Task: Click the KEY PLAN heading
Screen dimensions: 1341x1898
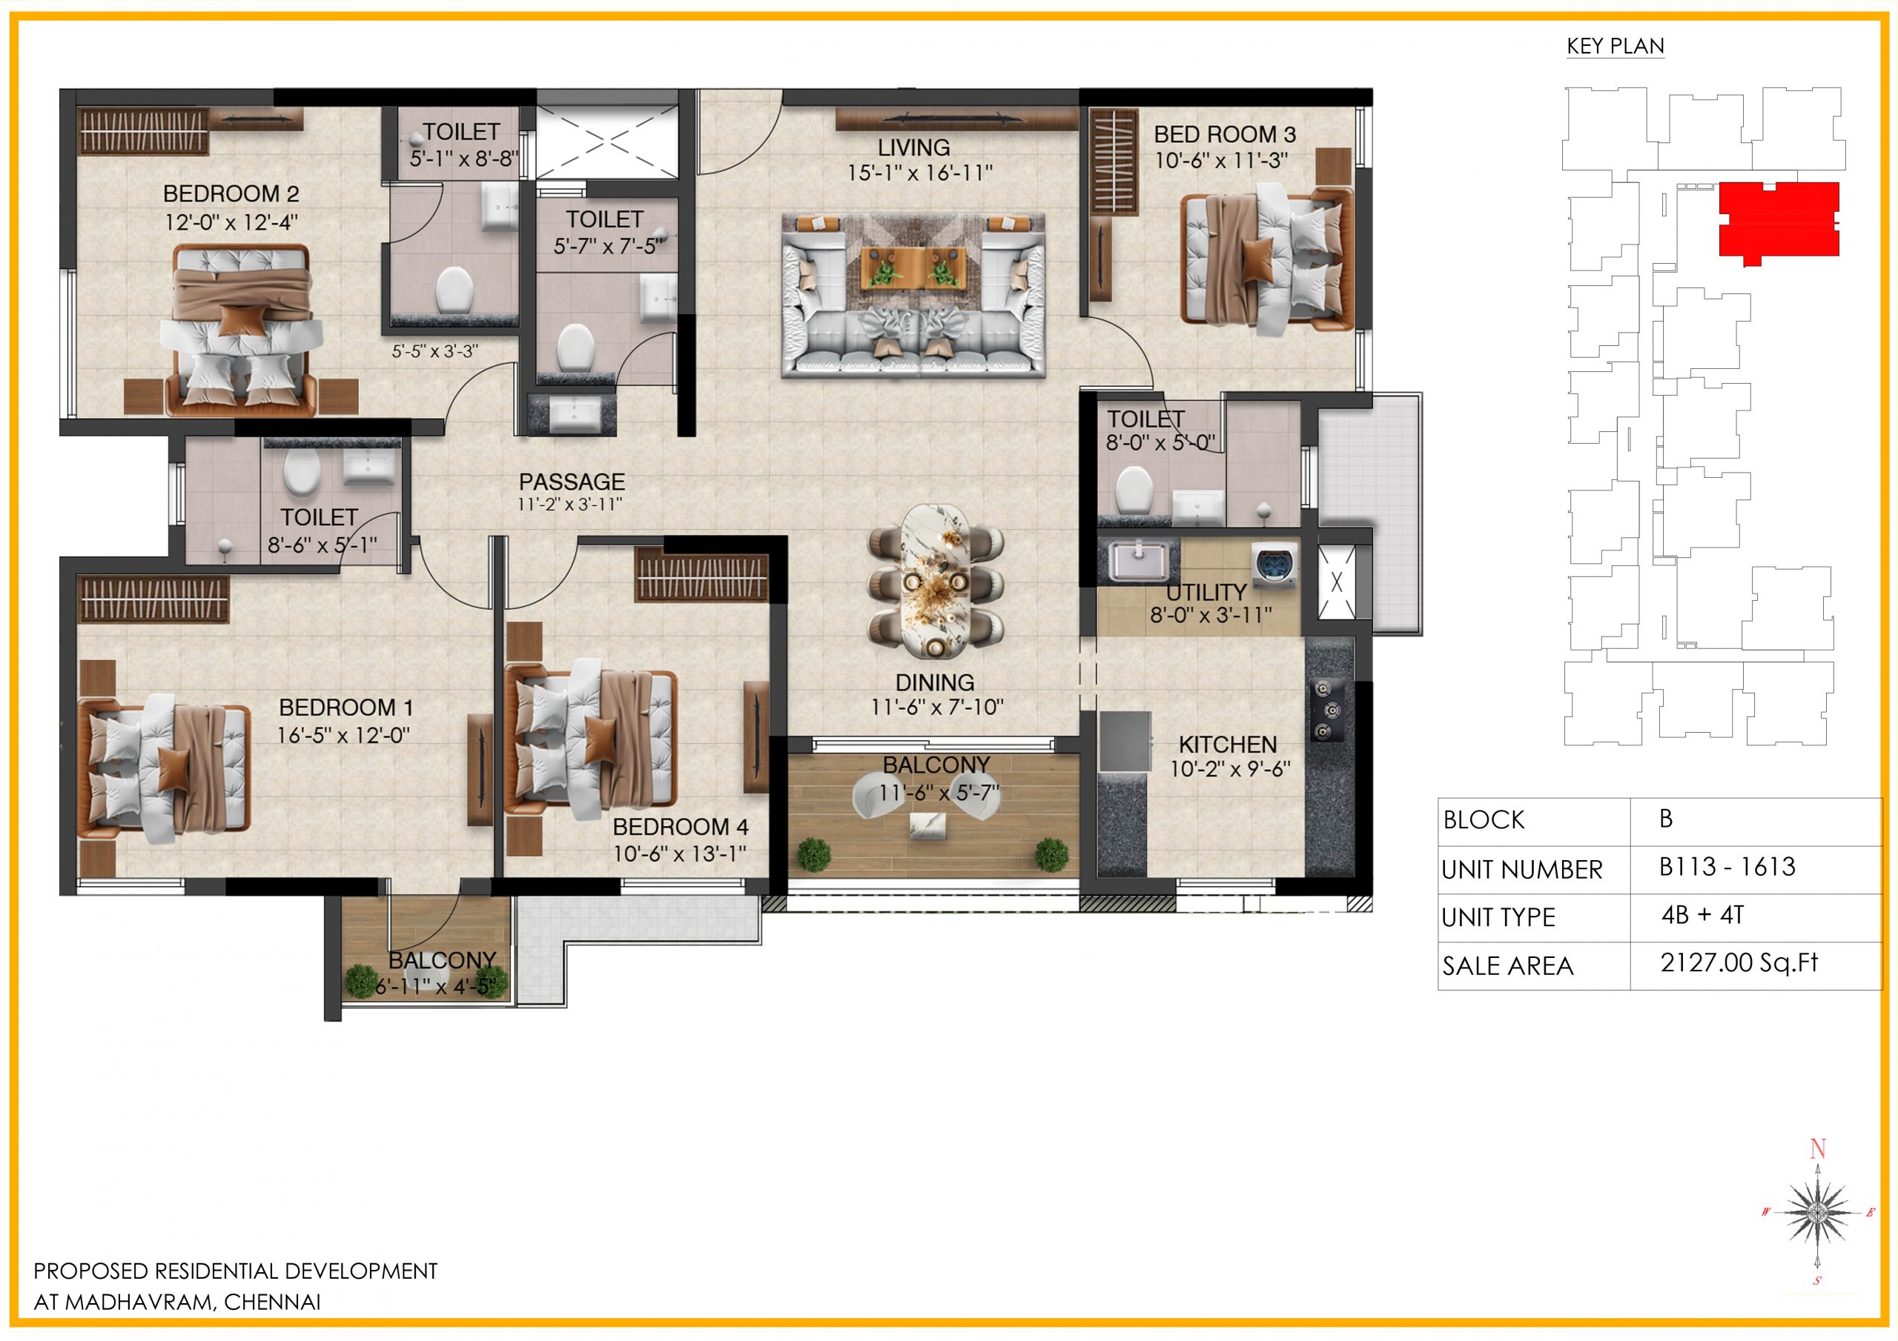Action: click(1615, 46)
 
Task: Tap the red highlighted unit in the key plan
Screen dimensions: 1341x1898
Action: click(1778, 220)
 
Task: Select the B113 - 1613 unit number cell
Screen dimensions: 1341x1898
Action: click(1727, 867)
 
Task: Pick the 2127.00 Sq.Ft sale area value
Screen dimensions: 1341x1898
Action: click(1739, 962)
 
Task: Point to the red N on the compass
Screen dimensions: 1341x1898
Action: click(1817, 1148)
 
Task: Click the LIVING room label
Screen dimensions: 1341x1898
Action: click(913, 148)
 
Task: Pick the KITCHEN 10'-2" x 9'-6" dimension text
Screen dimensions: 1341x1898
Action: click(1229, 769)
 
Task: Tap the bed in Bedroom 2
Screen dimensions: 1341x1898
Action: click(242, 330)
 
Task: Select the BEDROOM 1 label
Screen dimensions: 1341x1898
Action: click(345, 708)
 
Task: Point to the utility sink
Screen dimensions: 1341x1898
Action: click(1137, 560)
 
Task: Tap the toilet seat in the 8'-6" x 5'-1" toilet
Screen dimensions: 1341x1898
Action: click(301, 472)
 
